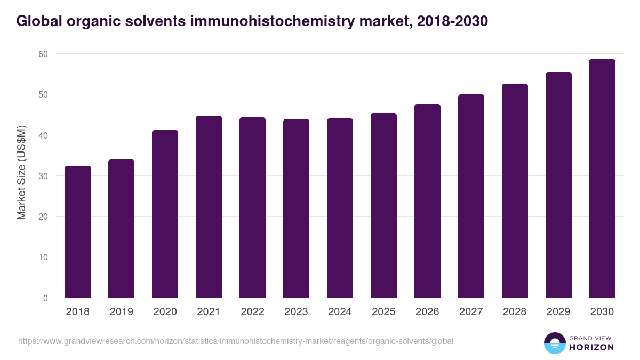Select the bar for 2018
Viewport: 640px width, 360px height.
[x=78, y=232]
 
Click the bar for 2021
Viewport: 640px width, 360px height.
[x=209, y=207]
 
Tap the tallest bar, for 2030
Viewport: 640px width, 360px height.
[x=602, y=179]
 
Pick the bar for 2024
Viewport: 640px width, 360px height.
[x=340, y=208]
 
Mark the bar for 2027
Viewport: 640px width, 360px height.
[x=471, y=196]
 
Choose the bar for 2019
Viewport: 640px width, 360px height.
[x=121, y=229]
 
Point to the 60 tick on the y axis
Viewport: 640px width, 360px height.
[x=43, y=54]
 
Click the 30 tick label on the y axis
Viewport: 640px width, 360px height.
[x=43, y=176]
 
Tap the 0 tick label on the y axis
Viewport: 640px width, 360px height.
[x=45, y=298]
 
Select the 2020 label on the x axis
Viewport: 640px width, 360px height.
[x=165, y=312]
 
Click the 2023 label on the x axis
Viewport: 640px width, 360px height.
[x=296, y=312]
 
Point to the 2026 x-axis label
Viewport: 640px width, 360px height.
[x=427, y=312]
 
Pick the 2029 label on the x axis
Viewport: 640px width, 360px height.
[x=558, y=312]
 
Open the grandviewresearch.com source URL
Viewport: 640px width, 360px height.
[x=236, y=341]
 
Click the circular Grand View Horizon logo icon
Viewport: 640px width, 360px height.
[x=555, y=343]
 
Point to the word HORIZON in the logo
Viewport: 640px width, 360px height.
[x=592, y=347]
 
